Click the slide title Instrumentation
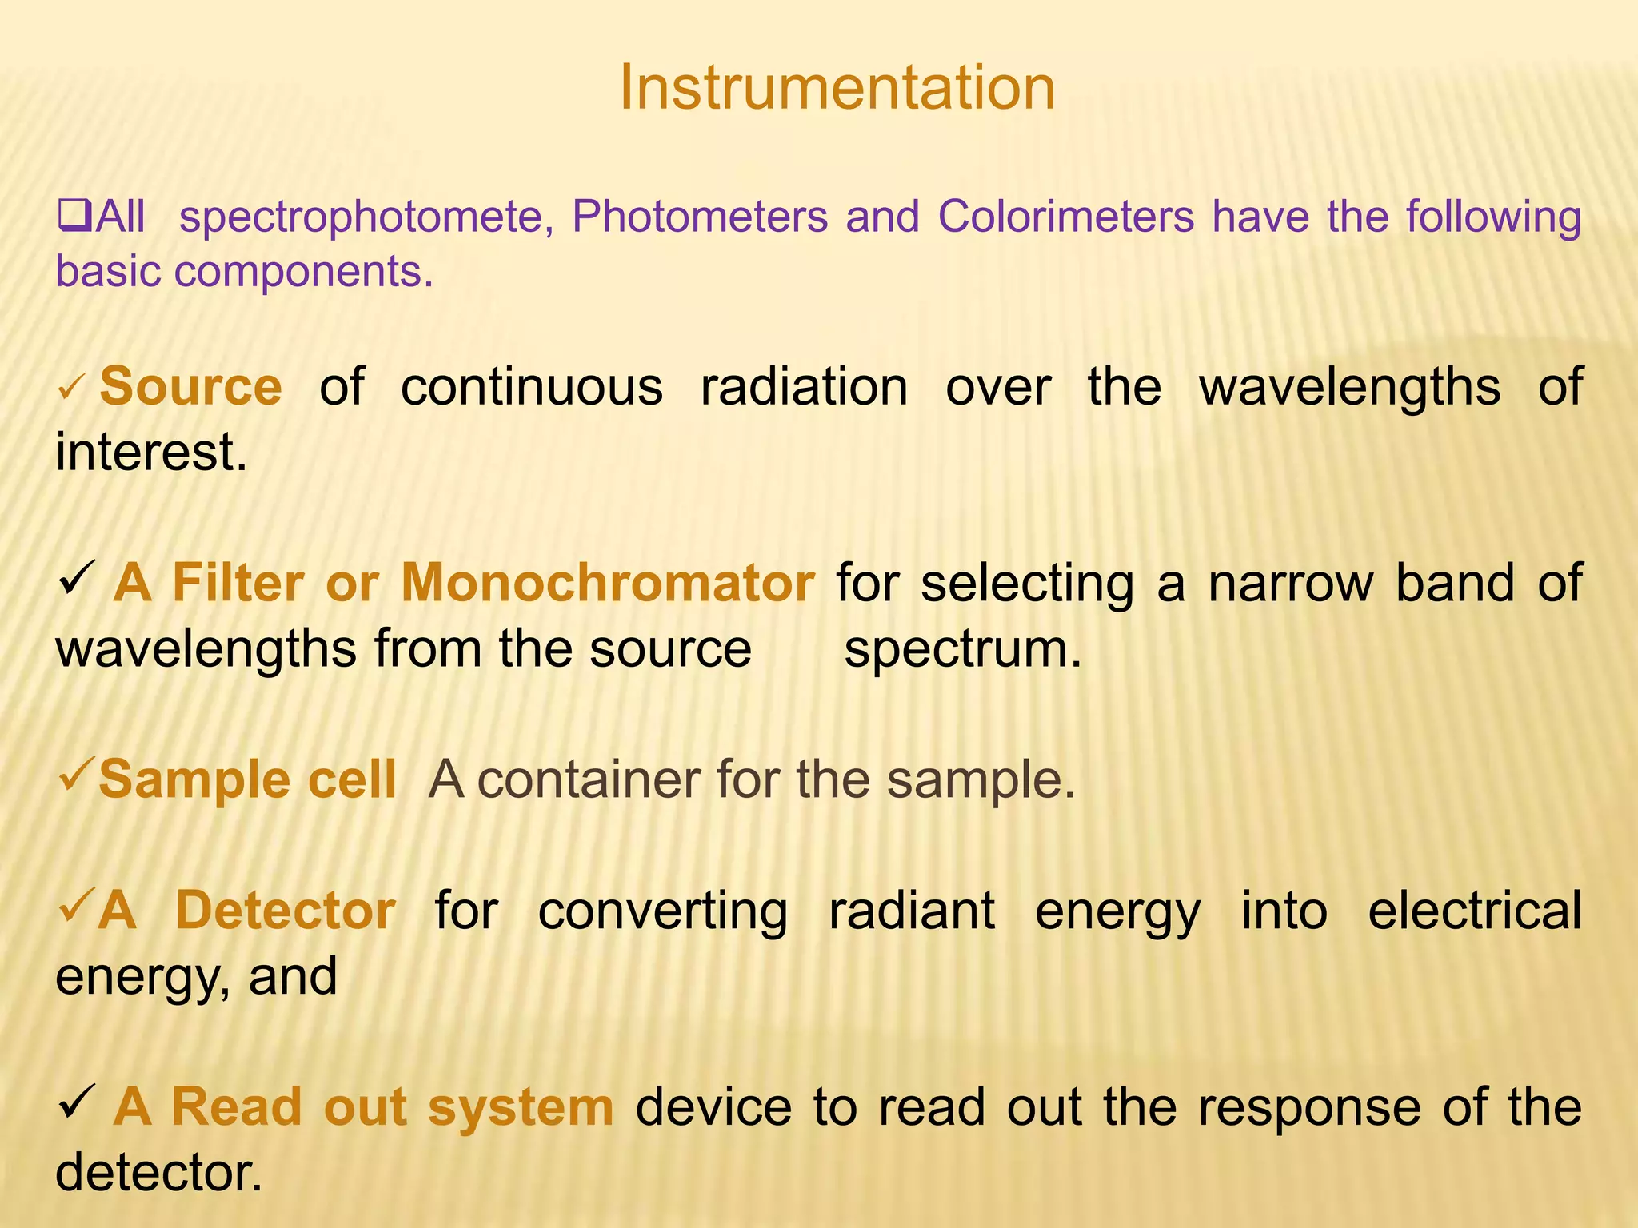click(837, 88)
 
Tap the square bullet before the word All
click(74, 216)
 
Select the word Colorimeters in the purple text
click(1066, 217)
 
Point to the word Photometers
click(700, 217)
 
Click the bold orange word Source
click(190, 388)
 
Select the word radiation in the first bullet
click(804, 388)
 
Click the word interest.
click(151, 453)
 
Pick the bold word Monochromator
click(608, 583)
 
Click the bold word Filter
click(238, 583)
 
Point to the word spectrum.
click(962, 649)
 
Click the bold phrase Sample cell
click(247, 780)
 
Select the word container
click(588, 780)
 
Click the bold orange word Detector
click(286, 911)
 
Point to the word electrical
click(1474, 911)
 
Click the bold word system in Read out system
click(520, 1108)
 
